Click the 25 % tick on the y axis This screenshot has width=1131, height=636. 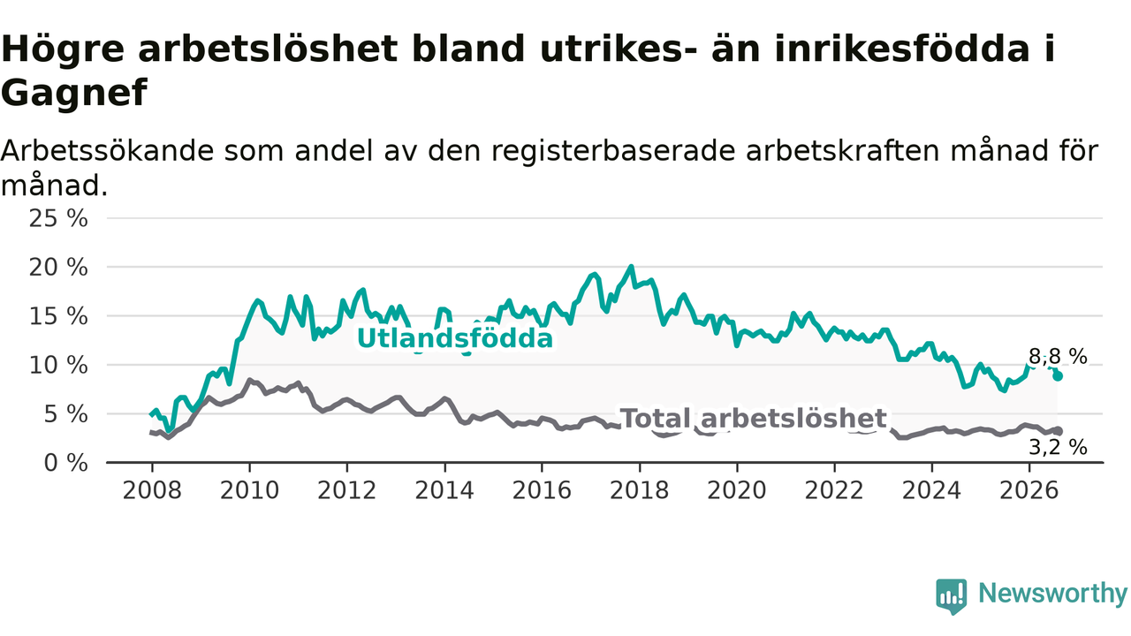[58, 218]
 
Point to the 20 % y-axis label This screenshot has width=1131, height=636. [58, 268]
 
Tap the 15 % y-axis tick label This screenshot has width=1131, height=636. [58, 316]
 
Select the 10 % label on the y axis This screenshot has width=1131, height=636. [58, 365]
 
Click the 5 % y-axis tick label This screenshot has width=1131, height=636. [65, 414]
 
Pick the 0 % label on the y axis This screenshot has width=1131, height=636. [65, 463]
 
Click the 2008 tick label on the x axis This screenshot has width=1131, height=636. [152, 490]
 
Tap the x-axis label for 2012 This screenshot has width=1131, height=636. [347, 490]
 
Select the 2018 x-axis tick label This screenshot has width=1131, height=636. [639, 490]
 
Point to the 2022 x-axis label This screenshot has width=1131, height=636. [834, 490]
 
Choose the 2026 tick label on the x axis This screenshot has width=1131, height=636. [1029, 490]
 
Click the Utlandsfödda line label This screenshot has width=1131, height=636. [455, 338]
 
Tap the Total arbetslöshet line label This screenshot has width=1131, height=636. [753, 419]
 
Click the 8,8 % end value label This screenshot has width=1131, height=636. [1058, 356]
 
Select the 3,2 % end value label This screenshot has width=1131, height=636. [1058, 447]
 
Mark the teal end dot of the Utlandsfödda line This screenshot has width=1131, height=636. [1058, 376]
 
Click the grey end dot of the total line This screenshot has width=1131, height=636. [1058, 430]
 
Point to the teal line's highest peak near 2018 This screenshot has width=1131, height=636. [631, 267]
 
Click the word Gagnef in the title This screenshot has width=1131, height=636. [74, 93]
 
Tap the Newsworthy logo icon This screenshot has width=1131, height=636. [952, 596]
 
